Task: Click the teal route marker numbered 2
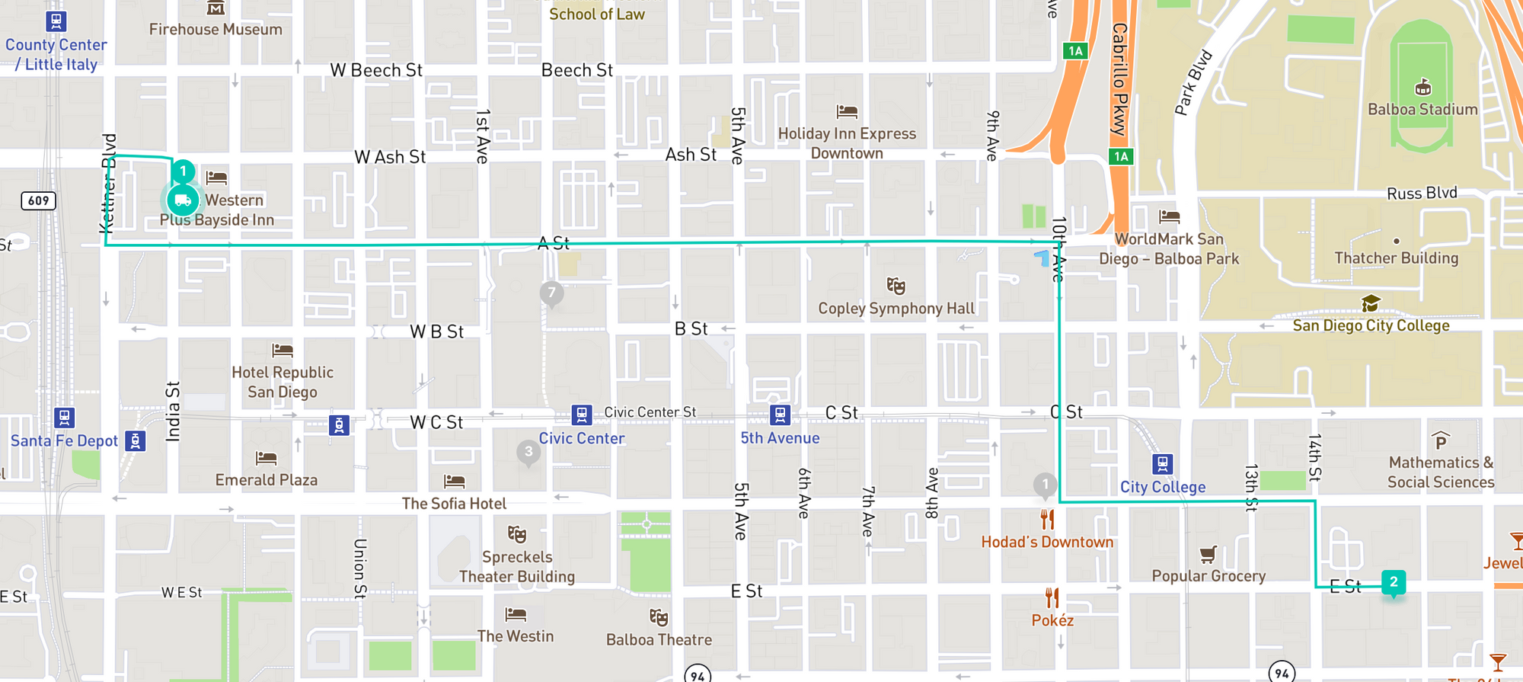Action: coord(1394,582)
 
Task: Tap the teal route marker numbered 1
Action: coord(183,171)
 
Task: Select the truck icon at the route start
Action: coord(183,200)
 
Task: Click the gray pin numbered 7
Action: coord(552,293)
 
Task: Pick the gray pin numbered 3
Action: coord(528,452)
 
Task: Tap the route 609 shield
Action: coord(38,200)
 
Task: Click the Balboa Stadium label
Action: coord(1422,109)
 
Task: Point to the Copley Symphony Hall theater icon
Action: coord(896,287)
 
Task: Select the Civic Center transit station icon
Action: coord(582,415)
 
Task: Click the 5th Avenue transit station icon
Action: coord(780,415)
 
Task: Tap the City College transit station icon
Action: coord(1162,463)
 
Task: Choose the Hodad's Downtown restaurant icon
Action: coord(1048,520)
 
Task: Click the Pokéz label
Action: coord(1052,620)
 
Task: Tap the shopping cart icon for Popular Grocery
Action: coord(1208,554)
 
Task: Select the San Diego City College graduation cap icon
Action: coord(1371,304)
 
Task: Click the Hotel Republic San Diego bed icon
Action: coord(283,351)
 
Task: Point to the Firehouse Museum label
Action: coord(216,29)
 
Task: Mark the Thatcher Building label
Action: coord(1396,258)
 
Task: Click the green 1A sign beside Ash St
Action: coord(1121,157)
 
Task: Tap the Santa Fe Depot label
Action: coord(64,440)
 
